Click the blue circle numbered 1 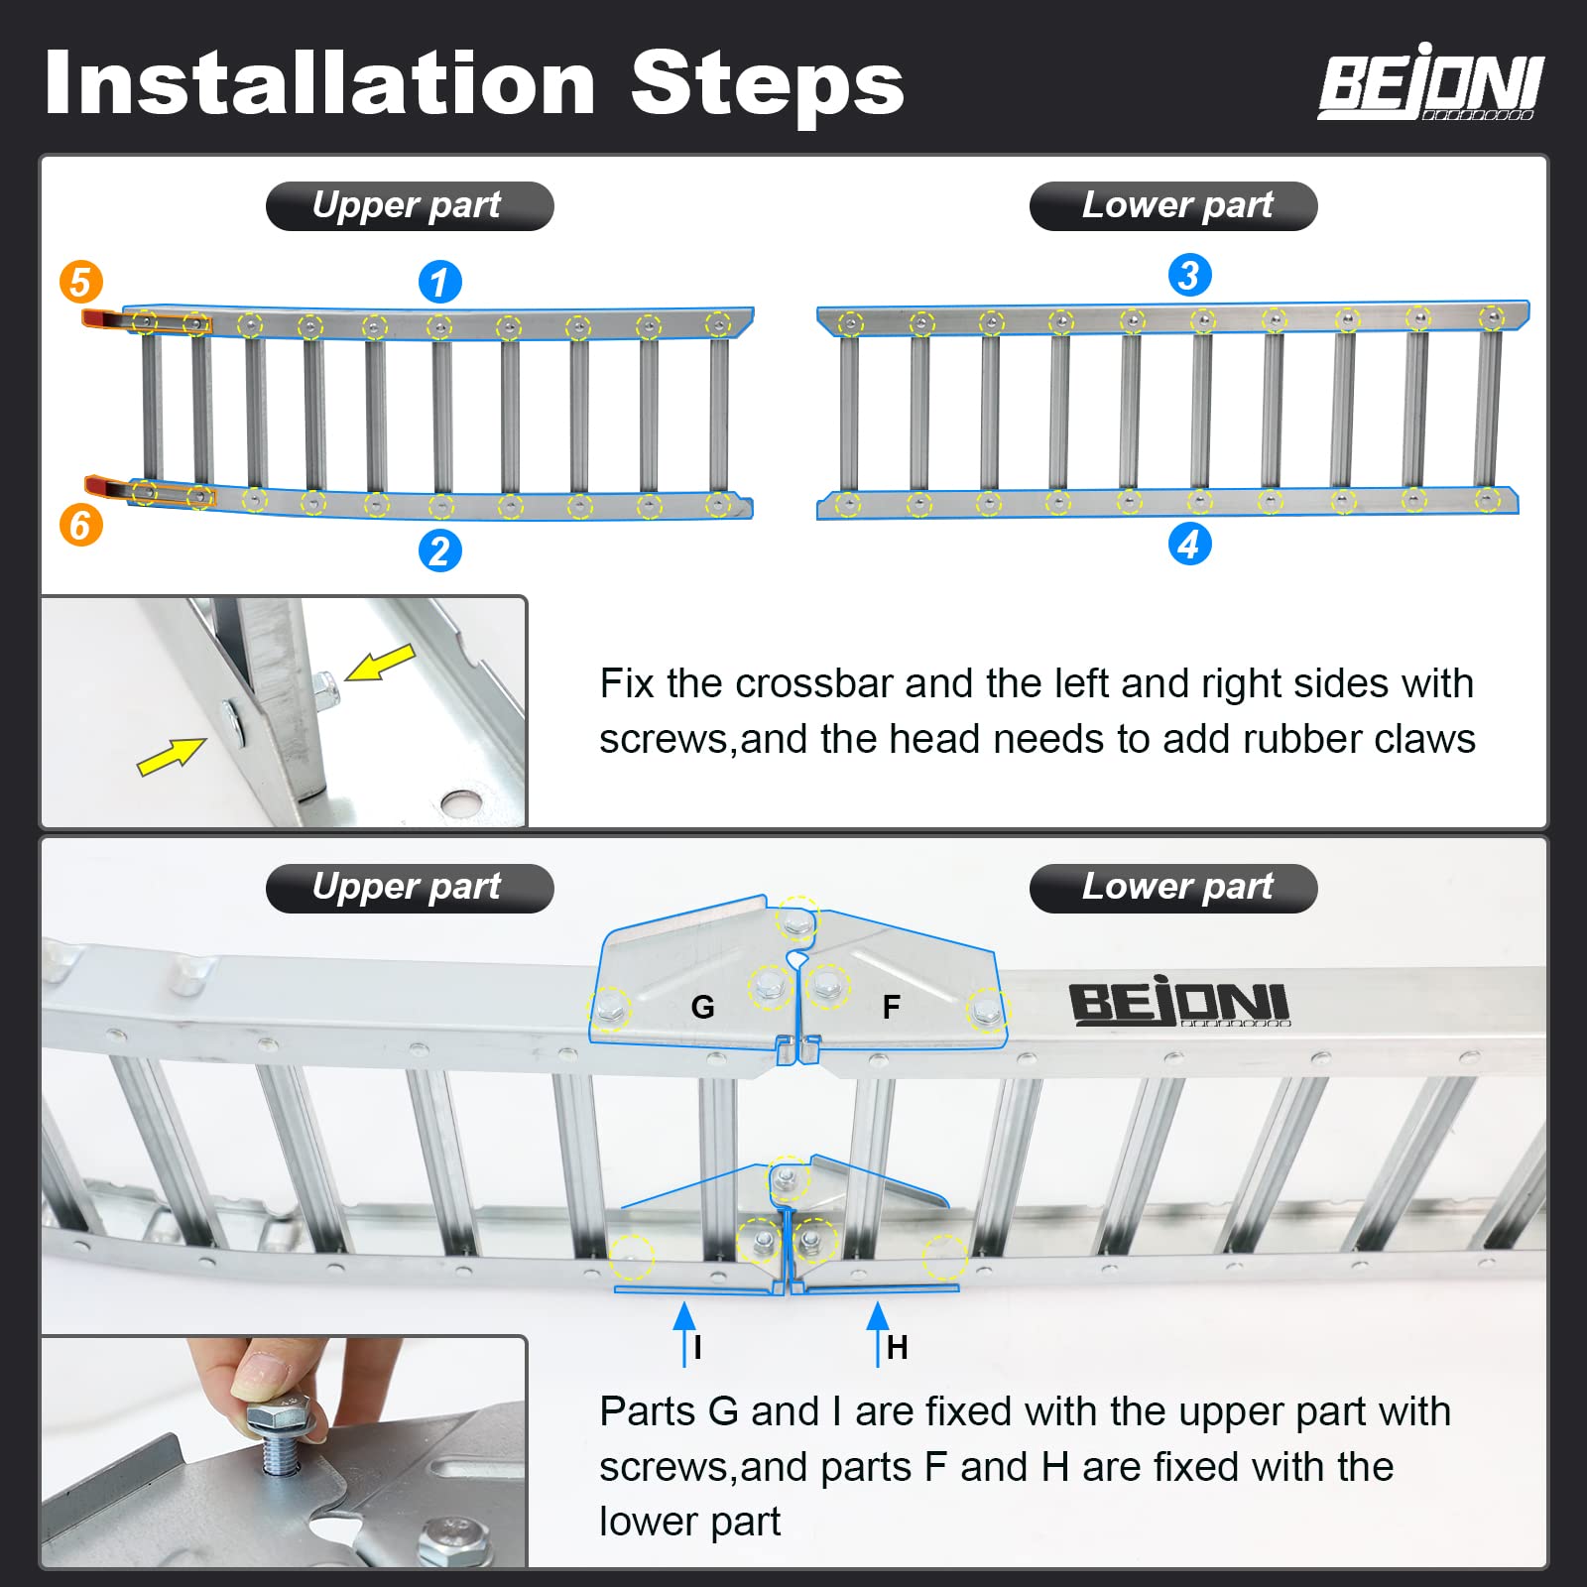[439, 282]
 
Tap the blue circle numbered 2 [439, 550]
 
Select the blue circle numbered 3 [1189, 275]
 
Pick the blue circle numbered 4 [1189, 544]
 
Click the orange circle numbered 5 [80, 282]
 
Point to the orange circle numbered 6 [80, 525]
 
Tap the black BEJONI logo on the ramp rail [1178, 1004]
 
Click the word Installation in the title [319, 83]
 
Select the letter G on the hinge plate [702, 1008]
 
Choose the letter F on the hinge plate [891, 1008]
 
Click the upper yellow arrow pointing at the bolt [381, 662]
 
